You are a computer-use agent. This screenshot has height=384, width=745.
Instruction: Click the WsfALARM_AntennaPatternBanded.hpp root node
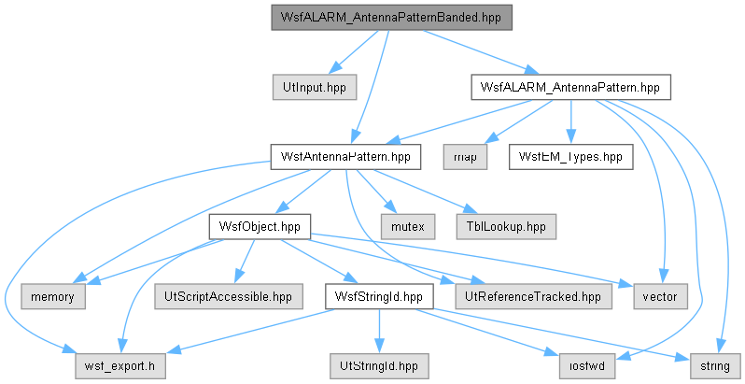[x=391, y=18]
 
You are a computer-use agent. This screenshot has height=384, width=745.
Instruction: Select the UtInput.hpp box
[x=315, y=88]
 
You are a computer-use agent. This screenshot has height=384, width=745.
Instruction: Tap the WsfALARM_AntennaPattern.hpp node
[x=570, y=88]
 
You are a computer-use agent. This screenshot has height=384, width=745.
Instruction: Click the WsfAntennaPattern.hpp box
[x=345, y=157]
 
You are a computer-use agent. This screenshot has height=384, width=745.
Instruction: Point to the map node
[x=465, y=157]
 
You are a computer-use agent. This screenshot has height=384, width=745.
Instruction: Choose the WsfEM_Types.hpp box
[x=570, y=157]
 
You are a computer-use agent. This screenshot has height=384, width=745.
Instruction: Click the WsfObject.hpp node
[x=260, y=227]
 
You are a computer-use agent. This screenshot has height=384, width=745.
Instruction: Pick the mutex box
[x=408, y=227]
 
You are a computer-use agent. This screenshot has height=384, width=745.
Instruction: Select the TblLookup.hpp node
[x=506, y=227]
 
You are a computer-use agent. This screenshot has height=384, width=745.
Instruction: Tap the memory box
[x=52, y=296]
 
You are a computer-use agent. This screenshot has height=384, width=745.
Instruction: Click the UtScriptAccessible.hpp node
[x=228, y=296]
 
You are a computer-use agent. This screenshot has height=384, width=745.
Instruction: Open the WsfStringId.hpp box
[x=379, y=296]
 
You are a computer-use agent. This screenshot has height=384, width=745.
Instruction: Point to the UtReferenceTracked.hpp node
[x=533, y=296]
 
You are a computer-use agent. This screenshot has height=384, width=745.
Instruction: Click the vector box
[x=660, y=296]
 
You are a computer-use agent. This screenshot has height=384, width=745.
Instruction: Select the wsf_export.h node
[x=119, y=366]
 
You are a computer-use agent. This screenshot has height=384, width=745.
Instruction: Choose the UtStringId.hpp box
[x=379, y=366]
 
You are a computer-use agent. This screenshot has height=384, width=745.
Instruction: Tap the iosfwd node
[x=587, y=366]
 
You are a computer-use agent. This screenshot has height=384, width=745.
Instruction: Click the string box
[x=715, y=366]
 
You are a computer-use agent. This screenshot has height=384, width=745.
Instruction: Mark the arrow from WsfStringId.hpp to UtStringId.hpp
[x=379, y=332]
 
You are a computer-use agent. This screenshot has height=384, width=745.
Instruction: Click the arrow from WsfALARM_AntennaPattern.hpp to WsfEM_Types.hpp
[x=570, y=122]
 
